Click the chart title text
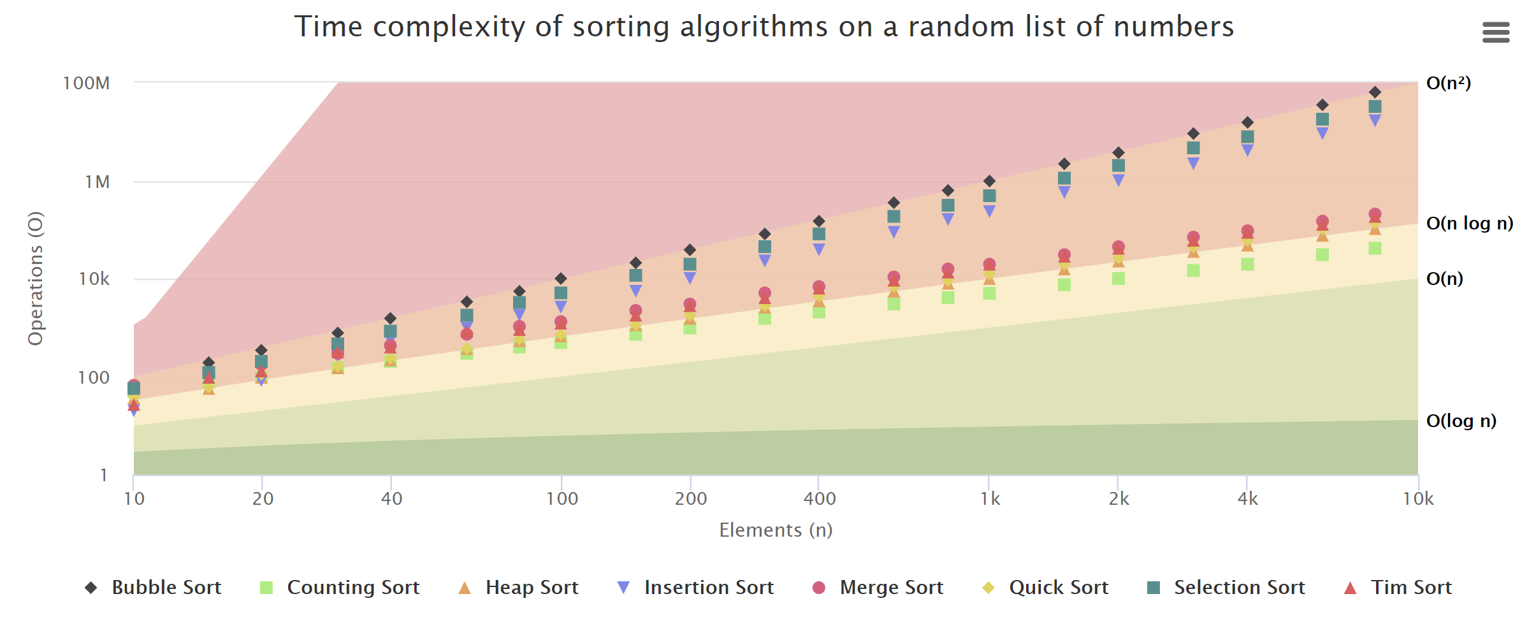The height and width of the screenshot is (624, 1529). tap(764, 27)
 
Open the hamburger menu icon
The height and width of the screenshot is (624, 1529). tap(1495, 32)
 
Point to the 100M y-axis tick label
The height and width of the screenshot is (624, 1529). tap(86, 83)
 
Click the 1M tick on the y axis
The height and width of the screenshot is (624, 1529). tap(97, 182)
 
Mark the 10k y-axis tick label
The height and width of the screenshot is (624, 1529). tap(94, 279)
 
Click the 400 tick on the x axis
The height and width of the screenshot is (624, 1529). tap(819, 498)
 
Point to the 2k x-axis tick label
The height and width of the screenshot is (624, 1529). tap(1119, 498)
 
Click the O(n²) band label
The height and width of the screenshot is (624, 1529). tap(1448, 83)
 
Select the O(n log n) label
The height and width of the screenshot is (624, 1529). tap(1469, 223)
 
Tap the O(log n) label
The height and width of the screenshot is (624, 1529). tap(1461, 421)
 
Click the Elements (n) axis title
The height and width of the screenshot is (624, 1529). tap(776, 530)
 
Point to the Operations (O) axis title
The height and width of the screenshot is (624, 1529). tap(36, 278)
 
